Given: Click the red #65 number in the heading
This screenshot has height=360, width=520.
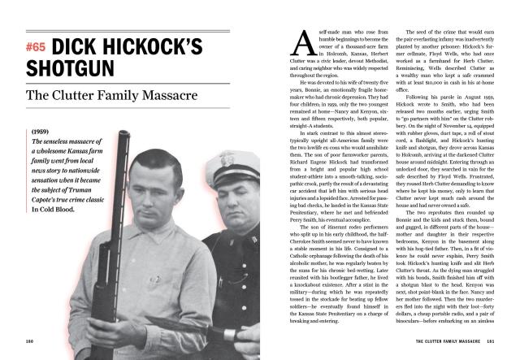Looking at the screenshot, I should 37,47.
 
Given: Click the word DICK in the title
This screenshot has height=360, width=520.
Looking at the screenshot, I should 84,47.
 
